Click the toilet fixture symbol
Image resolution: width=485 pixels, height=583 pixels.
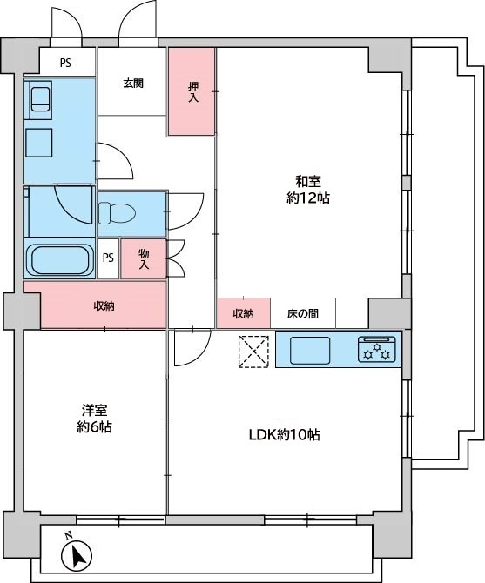pos(117,213)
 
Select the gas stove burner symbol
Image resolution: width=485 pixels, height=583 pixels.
pos(377,349)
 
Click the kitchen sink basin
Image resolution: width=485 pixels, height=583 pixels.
pos(310,351)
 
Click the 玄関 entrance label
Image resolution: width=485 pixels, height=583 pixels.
pos(133,84)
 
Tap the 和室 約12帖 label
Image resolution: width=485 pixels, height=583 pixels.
pos(308,190)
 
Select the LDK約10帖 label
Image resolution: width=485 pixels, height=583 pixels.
pos(284,435)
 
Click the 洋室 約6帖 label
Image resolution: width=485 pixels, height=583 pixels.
pos(94,419)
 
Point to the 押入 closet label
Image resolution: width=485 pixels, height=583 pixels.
pos(193,92)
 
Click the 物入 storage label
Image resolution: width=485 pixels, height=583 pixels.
pos(144,259)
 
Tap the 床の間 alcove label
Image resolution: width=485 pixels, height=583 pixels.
pos(303,314)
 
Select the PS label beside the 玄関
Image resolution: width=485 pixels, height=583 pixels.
pos(65,63)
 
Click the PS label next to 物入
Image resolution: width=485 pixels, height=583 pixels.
pos(108,258)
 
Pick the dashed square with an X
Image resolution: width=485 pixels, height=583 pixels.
pos(253,352)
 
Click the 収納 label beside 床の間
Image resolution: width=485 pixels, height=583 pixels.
pos(243,314)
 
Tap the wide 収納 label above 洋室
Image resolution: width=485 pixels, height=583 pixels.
pos(104,306)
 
